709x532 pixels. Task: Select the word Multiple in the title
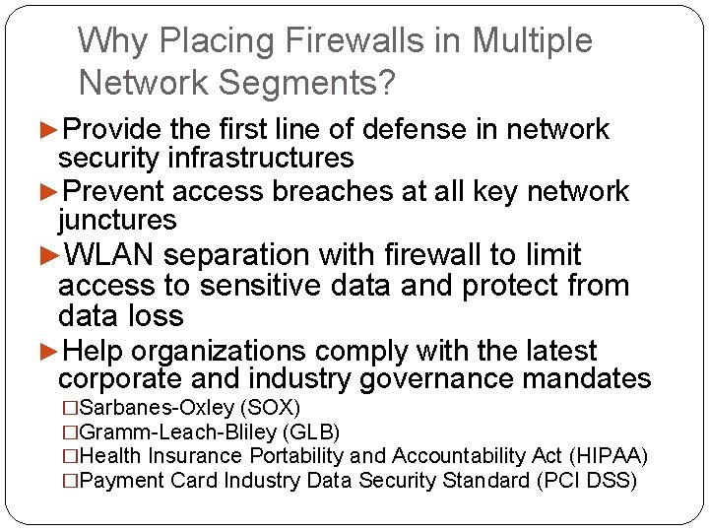tap(532, 40)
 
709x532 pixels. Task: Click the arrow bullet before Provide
tap(49, 129)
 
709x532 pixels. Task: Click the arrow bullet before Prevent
tap(49, 191)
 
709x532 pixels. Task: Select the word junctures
tap(117, 220)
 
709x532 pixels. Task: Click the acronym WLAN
tap(109, 255)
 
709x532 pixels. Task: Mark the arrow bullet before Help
tap(49, 351)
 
